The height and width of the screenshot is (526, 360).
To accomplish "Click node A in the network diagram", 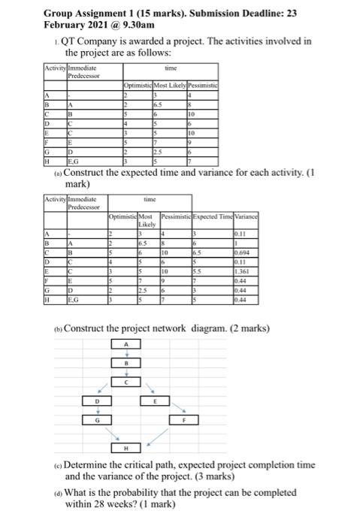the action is click(x=127, y=343).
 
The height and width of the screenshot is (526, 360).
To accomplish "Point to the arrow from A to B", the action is click(x=127, y=353).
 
